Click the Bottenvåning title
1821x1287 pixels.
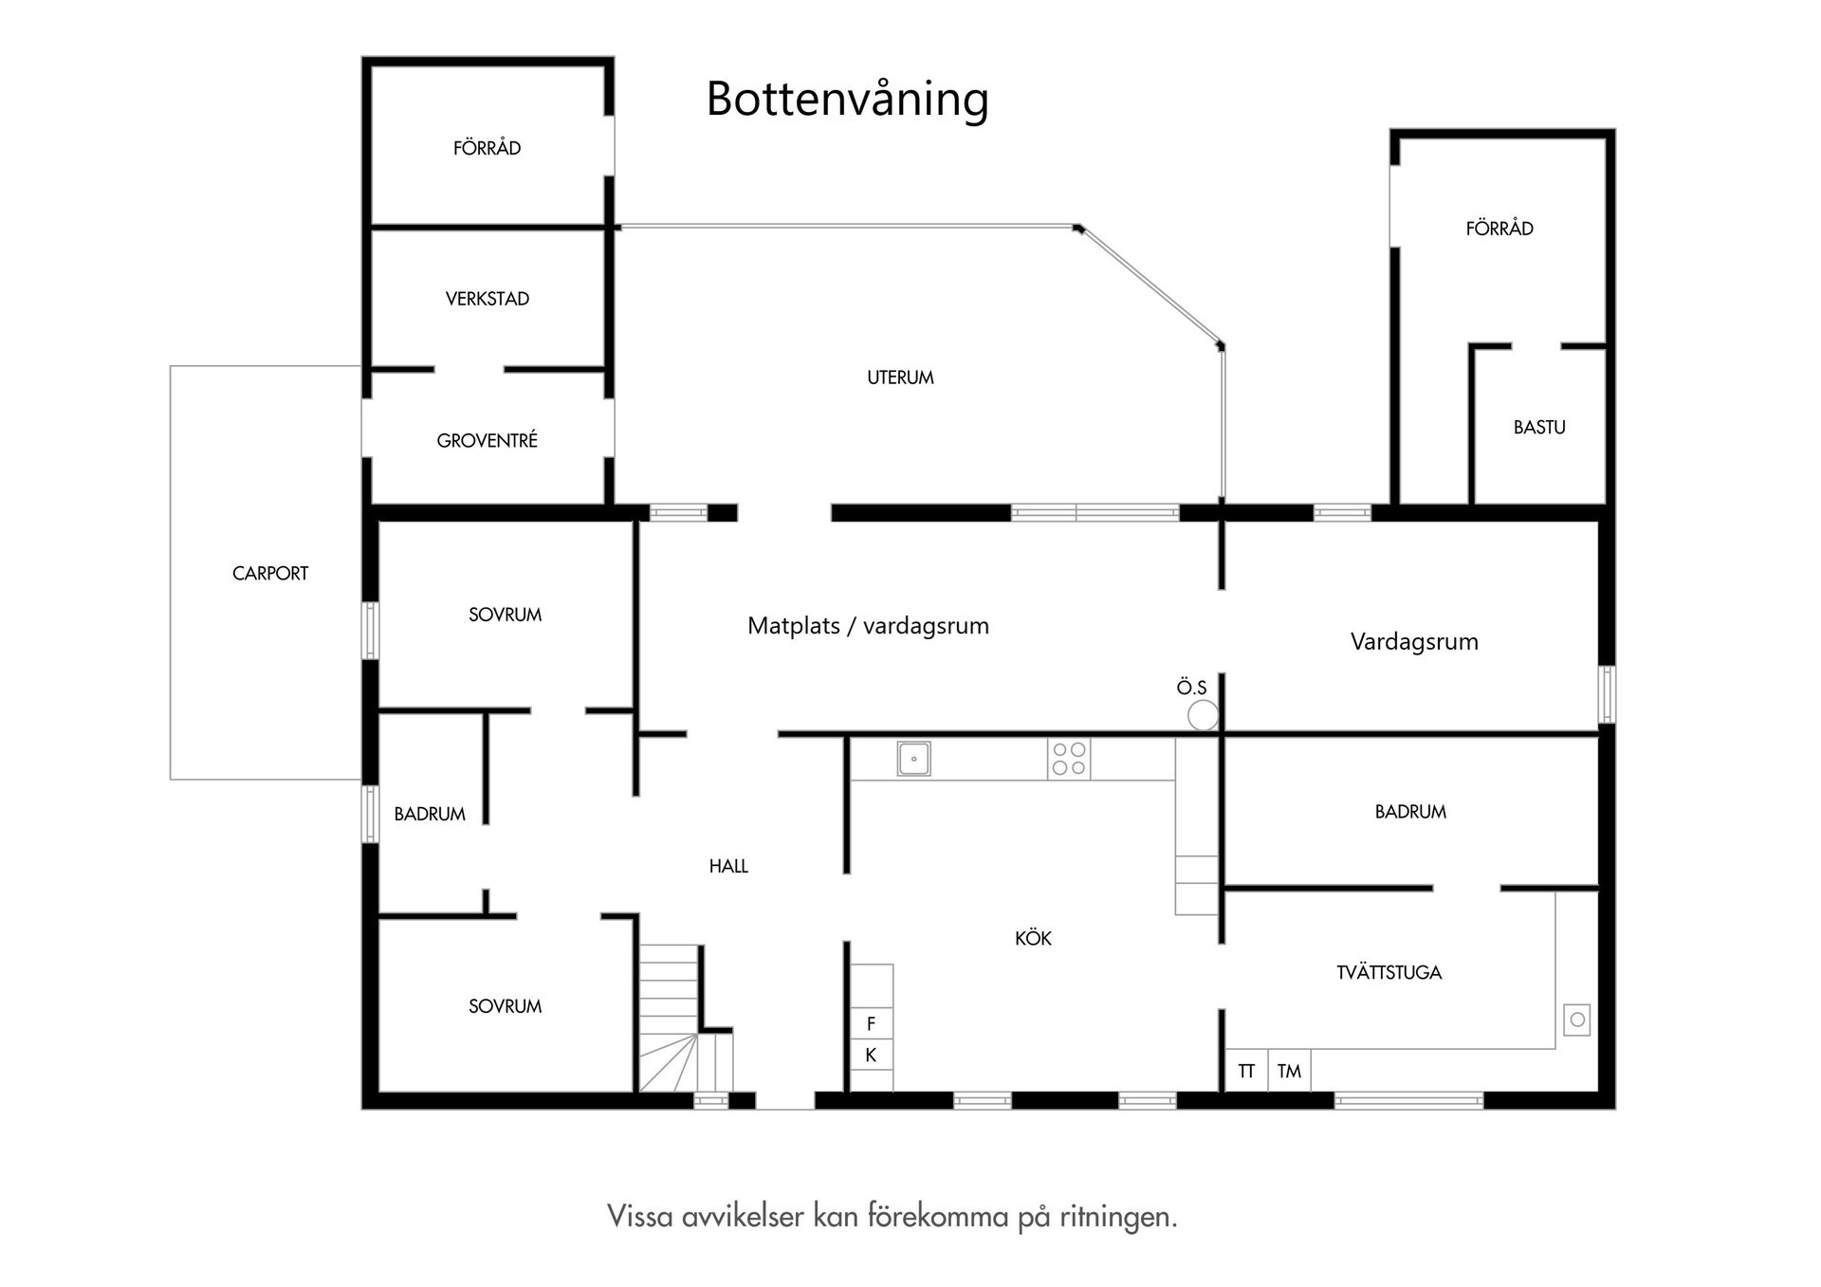[x=847, y=100]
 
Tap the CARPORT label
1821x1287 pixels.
[x=270, y=573]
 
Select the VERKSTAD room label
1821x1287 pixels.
[x=487, y=299]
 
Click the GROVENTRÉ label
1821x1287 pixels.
[x=487, y=440]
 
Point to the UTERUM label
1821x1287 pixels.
[x=900, y=377]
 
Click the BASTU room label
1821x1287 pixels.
[x=1538, y=427]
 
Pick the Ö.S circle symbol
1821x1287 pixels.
[x=1203, y=715]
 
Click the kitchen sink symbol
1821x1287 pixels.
[x=913, y=759]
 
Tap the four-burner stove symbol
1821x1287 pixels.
[x=1069, y=759]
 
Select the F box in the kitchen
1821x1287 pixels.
[x=871, y=1024]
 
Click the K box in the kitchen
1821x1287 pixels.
[x=871, y=1055]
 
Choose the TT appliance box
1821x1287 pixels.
[x=1246, y=1071]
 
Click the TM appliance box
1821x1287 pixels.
[x=1289, y=1071]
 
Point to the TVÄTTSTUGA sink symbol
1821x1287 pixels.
[x=1576, y=1020]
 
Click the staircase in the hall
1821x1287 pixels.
[x=670, y=1015]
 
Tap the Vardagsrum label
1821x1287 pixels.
[x=1414, y=642]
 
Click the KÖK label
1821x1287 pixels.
[x=1033, y=938]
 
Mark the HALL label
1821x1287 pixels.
[x=728, y=866]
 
